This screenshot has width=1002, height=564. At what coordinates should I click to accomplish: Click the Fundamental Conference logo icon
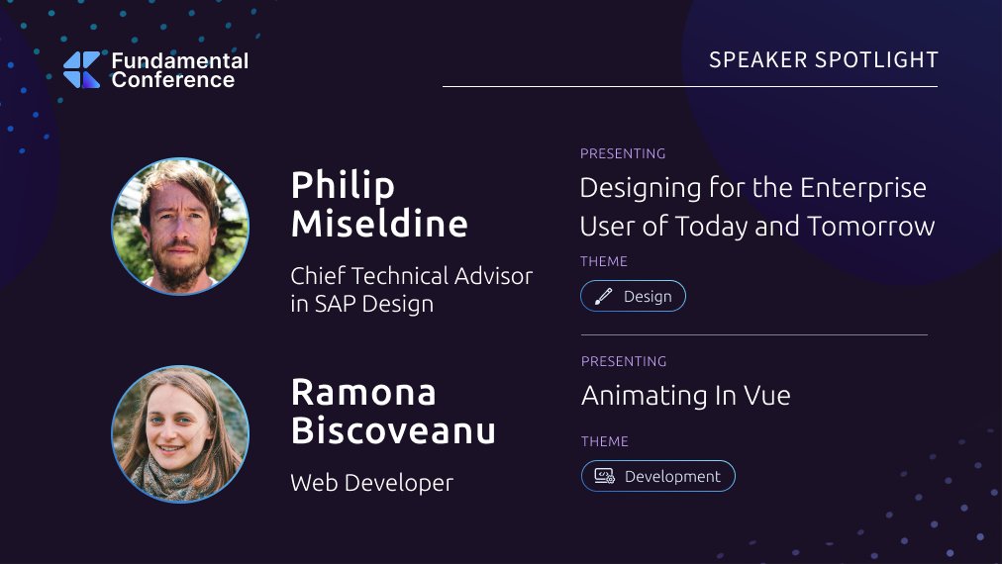click(x=81, y=69)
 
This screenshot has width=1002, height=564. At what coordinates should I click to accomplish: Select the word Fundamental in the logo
click(x=179, y=60)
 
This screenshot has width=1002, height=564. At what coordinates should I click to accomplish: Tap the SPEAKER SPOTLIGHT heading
click(x=823, y=60)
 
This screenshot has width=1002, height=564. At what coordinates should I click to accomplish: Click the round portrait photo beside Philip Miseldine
click(x=180, y=227)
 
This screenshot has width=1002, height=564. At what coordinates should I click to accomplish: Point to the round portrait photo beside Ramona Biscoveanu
click(x=180, y=434)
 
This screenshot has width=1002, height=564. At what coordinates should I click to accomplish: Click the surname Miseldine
click(x=379, y=224)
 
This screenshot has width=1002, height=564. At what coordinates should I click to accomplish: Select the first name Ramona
click(x=363, y=393)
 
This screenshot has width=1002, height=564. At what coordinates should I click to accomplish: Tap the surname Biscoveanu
click(x=393, y=431)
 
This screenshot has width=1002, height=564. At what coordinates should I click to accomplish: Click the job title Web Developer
click(x=371, y=483)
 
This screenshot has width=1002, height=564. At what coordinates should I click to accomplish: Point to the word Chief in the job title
click(x=316, y=276)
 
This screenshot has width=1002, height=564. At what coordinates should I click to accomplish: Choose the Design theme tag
click(x=633, y=296)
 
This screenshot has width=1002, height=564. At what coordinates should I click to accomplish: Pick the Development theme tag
click(x=657, y=476)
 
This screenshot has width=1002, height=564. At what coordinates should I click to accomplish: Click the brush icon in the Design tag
click(x=603, y=296)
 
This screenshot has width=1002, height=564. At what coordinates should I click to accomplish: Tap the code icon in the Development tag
click(x=604, y=476)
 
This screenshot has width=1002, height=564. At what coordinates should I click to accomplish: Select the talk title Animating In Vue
click(x=685, y=396)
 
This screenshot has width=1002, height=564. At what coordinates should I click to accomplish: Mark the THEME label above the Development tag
click(x=604, y=441)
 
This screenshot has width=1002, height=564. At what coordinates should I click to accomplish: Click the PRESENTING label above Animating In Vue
click(x=623, y=361)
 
